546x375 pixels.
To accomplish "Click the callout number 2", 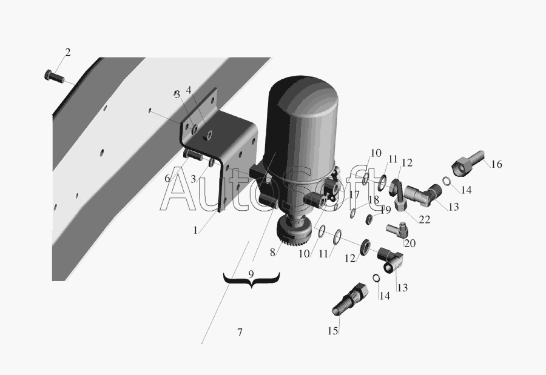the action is pos(67,52).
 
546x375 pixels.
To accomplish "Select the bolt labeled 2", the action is pos(54,76).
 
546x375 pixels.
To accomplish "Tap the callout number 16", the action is pos(496,164).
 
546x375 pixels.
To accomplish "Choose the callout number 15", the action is pos(333,331).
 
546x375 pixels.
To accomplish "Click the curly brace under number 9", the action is pos(251,280).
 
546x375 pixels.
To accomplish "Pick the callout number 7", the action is pos(240,332).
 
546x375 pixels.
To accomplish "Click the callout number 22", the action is pos(425,219).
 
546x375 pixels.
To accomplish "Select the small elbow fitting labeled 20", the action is pos(398,230).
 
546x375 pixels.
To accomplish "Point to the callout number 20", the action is pos(410,243).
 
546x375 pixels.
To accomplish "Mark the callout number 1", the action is pos(195,230).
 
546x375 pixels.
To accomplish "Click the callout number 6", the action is pos(167,179).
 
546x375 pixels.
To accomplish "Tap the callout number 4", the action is pos(189,90).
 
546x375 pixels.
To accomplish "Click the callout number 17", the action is pos(354,194).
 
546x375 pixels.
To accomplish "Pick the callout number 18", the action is pos(373,200).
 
